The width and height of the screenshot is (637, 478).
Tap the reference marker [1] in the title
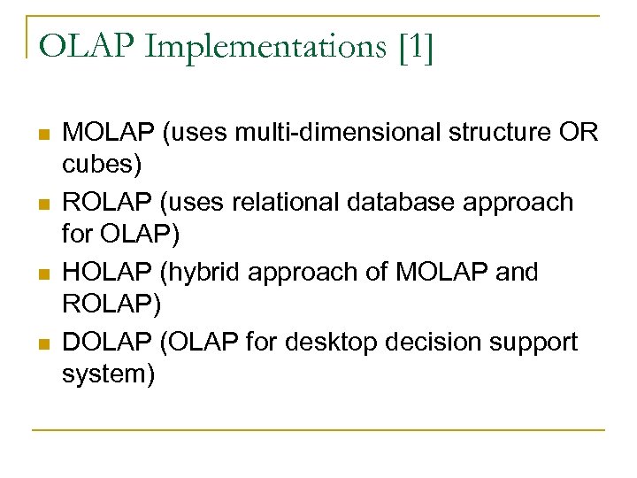click(415, 47)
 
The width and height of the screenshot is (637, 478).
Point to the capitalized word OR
click(579, 133)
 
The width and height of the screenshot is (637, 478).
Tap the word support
click(532, 342)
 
